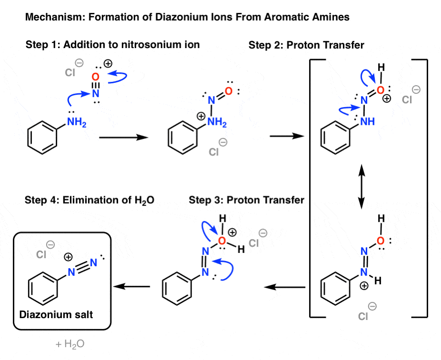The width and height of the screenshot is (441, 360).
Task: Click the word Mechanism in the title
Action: tap(48, 18)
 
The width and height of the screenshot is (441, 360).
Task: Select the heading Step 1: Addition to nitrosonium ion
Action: tap(112, 45)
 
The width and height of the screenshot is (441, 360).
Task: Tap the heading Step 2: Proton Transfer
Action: tap(306, 45)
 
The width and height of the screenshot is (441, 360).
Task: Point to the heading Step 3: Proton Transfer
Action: tap(246, 200)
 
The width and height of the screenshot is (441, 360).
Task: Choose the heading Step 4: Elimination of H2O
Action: tap(90, 200)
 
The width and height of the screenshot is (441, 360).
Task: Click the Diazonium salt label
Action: tap(52, 315)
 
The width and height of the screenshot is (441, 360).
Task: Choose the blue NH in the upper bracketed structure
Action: tap(368, 122)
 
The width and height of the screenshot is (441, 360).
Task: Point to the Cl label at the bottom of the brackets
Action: tap(363, 316)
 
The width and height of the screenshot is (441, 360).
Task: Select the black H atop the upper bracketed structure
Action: tap(381, 69)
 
